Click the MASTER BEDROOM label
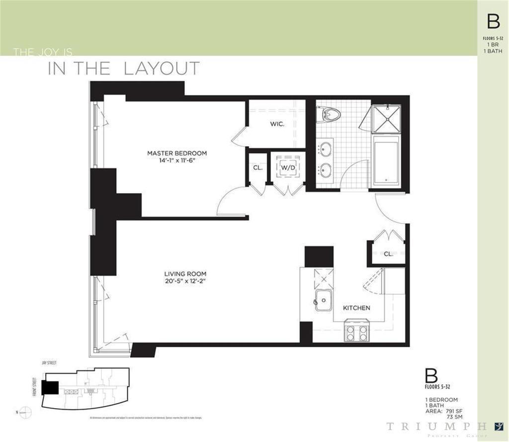[176, 153]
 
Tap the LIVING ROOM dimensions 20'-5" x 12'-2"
[185, 281]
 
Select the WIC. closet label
[277, 124]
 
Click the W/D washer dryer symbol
[287, 168]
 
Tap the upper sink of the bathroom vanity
[326, 149]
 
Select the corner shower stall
[386, 118]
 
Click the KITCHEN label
[356, 308]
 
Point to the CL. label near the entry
[388, 254]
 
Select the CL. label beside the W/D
[257, 168]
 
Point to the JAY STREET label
[49, 364]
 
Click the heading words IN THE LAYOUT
[124, 69]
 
